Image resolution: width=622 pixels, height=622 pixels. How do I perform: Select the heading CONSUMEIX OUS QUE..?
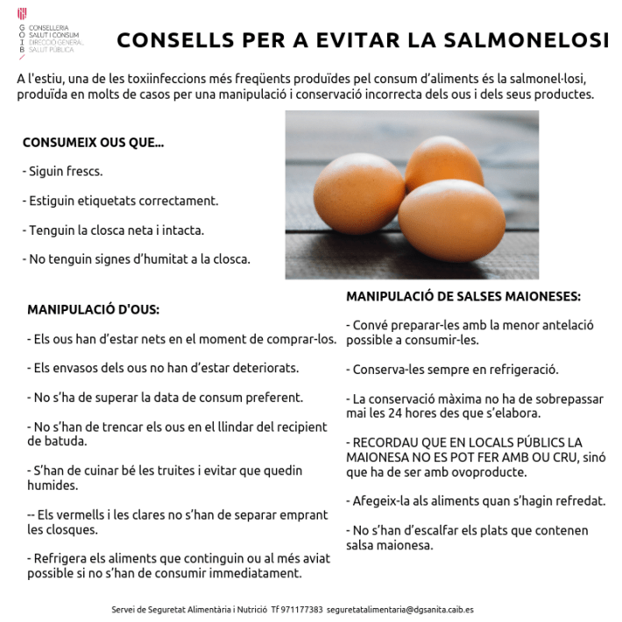[93, 142]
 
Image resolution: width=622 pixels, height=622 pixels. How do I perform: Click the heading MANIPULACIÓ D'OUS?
[93, 309]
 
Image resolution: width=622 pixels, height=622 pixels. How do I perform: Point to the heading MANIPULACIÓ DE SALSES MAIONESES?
[463, 296]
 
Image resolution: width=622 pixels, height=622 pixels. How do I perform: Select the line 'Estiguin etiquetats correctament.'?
[120, 201]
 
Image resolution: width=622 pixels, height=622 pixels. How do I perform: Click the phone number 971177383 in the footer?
[303, 609]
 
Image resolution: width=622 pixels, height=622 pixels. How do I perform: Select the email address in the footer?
[399, 609]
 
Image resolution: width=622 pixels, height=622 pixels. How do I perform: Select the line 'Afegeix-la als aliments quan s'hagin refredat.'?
[476, 501]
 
